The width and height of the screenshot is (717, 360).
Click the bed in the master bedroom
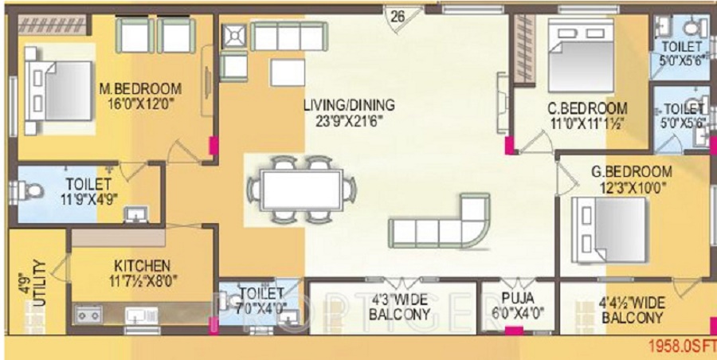(x=60, y=82)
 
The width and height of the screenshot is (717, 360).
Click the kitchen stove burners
(x=88, y=314)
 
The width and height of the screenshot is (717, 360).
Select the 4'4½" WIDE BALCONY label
(x=632, y=311)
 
